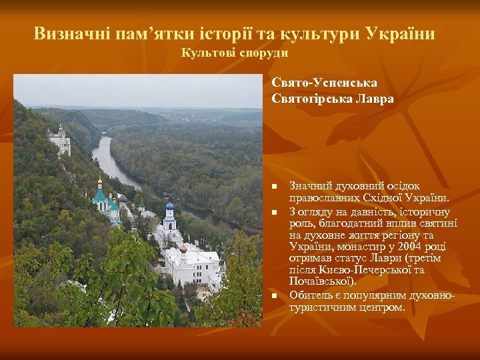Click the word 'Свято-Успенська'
[x=325, y=83]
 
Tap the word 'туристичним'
[x=323, y=307]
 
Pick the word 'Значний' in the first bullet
[x=310, y=185]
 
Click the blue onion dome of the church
[x=169, y=206]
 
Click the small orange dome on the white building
[x=183, y=249]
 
